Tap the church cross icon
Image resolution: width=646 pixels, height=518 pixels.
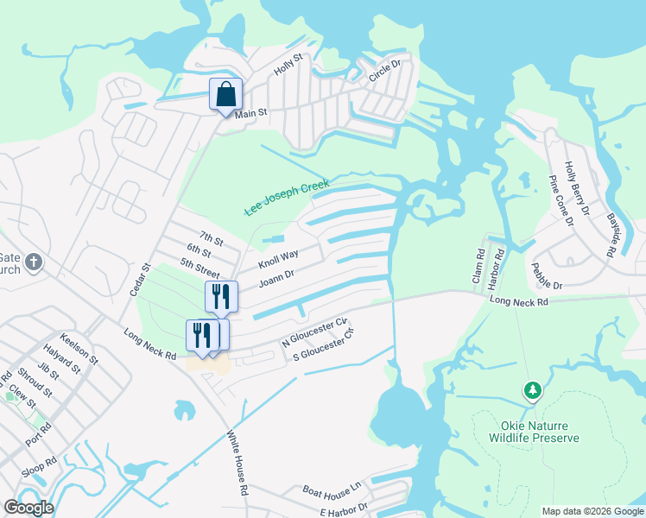[x=34, y=262]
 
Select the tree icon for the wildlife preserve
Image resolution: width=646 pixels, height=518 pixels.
[x=533, y=390]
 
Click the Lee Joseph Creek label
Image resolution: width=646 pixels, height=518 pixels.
[x=287, y=198]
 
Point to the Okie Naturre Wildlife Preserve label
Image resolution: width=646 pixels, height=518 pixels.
[x=534, y=432]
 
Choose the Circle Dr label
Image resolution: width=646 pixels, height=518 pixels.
[x=385, y=71]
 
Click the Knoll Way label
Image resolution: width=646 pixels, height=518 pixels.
[x=277, y=257]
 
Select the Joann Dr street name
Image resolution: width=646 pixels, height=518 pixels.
[x=277, y=278]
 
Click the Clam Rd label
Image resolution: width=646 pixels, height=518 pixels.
[x=479, y=265]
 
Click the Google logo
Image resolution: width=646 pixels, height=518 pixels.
[x=28, y=508]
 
